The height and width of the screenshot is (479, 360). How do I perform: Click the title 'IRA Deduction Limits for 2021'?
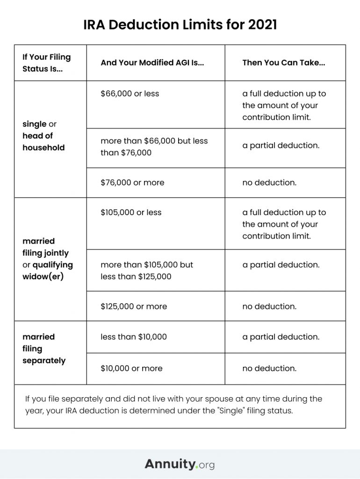(x=180, y=24)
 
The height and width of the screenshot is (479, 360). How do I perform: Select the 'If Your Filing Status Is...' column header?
(x=46, y=63)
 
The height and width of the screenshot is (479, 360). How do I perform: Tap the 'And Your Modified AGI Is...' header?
(x=152, y=63)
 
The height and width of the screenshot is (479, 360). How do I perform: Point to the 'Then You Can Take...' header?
(x=283, y=63)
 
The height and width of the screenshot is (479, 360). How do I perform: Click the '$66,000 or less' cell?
(x=130, y=94)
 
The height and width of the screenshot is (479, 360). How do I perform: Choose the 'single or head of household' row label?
(x=43, y=136)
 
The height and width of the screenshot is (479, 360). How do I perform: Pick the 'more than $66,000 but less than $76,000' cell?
(x=154, y=147)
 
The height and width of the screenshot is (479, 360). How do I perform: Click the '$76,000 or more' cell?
(x=132, y=182)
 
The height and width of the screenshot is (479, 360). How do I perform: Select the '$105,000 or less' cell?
(x=131, y=212)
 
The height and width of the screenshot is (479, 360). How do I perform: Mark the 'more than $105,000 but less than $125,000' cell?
(x=146, y=270)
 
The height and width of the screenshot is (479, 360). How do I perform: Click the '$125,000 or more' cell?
(x=134, y=306)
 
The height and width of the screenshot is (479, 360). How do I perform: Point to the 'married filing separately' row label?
(x=43, y=348)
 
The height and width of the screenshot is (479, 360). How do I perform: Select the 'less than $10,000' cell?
(x=133, y=337)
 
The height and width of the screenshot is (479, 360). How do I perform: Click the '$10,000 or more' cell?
(x=131, y=368)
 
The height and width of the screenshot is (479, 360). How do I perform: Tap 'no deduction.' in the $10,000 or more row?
(x=269, y=368)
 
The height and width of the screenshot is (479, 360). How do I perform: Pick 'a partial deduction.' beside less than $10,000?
(x=281, y=337)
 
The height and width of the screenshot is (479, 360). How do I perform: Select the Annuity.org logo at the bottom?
(x=180, y=464)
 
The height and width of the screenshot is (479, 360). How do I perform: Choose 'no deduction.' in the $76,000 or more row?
(x=269, y=182)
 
